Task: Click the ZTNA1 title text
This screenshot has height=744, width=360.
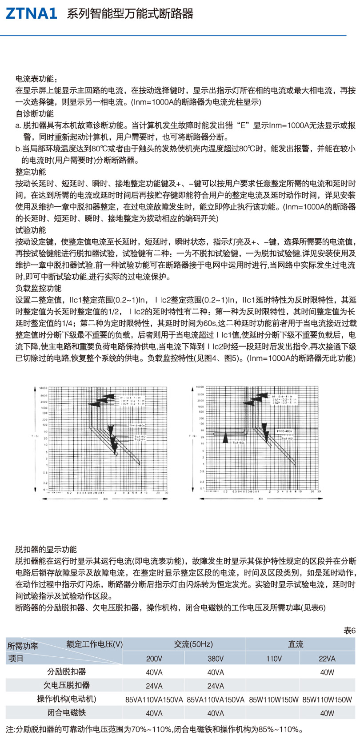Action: (x=31, y=14)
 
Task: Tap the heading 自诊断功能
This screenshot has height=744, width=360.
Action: (x=35, y=113)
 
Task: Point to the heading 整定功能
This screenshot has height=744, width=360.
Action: (x=31, y=172)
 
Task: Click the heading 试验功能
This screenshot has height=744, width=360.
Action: (x=31, y=230)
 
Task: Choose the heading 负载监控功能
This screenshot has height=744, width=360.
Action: (x=39, y=288)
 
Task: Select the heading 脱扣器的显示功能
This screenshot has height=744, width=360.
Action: (x=46, y=549)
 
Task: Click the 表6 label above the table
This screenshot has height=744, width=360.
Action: (x=350, y=631)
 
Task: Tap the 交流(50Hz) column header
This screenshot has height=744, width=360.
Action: (x=193, y=644)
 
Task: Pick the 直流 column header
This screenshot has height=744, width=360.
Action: (x=296, y=644)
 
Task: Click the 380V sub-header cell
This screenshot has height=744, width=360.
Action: (x=216, y=659)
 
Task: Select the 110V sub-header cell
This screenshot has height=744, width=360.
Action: (x=274, y=659)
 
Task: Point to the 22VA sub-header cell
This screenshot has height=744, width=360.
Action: (x=327, y=659)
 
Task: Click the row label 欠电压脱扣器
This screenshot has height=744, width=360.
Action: (x=67, y=685)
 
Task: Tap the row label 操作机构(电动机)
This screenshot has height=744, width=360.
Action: (x=67, y=699)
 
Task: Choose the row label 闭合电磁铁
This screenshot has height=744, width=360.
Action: (x=67, y=712)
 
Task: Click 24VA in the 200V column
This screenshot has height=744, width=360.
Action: (x=154, y=686)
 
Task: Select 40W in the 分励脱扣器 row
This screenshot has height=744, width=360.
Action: (x=327, y=672)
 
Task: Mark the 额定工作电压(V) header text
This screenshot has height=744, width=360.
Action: (x=95, y=644)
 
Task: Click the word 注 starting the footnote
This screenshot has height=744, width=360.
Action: (x=10, y=729)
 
